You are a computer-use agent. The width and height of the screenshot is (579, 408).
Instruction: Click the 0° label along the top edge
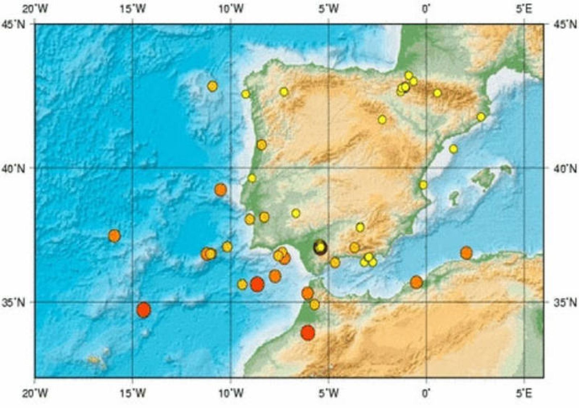[427, 9]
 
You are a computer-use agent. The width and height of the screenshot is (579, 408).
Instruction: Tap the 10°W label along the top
[231, 9]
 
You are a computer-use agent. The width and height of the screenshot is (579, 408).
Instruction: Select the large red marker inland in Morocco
[308, 332]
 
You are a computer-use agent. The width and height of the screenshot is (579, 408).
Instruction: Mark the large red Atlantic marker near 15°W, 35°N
[144, 310]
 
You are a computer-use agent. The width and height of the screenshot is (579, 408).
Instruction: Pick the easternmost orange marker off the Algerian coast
[466, 253]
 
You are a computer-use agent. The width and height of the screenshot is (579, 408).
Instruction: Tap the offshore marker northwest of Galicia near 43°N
[212, 86]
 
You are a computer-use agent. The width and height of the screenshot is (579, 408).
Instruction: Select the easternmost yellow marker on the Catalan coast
[481, 117]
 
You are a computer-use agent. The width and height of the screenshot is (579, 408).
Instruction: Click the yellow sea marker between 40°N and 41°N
[453, 149]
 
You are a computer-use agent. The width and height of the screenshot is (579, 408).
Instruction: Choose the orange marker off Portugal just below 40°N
[221, 189]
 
